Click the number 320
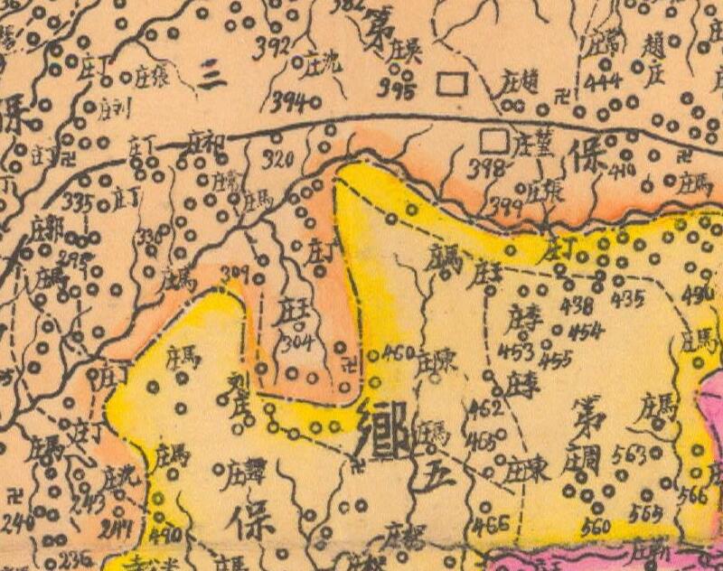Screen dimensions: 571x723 coord(277,161)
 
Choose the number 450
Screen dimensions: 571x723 coord(399,351)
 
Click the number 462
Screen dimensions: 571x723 coord(484,407)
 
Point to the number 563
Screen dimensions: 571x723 coord(630,456)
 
